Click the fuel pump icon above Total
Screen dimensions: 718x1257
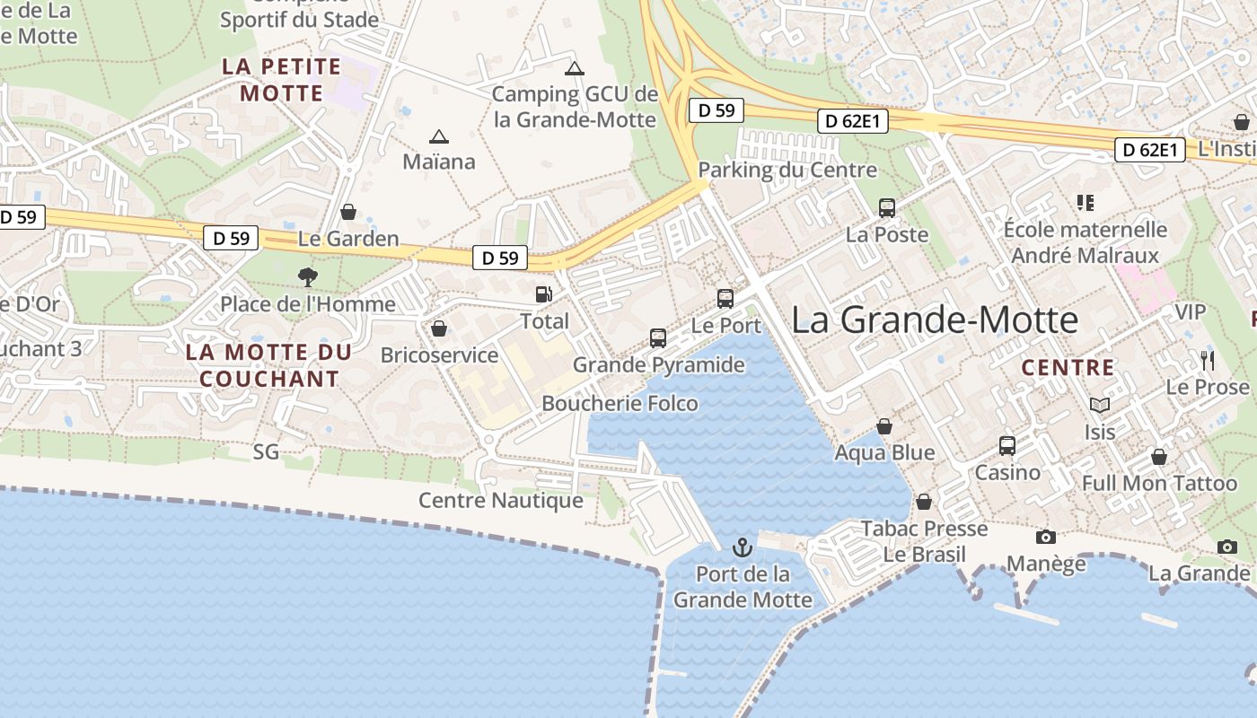tap(543, 294)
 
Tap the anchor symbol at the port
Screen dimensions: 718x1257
tap(743, 547)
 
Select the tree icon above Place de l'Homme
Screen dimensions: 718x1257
tap(308, 276)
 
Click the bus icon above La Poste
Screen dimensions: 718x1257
tap(887, 207)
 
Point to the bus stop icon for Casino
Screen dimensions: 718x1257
tap(1007, 445)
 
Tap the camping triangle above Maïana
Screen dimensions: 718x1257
tap(438, 136)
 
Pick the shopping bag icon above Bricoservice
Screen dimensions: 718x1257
tap(439, 328)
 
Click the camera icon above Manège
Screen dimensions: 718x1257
tap(1045, 537)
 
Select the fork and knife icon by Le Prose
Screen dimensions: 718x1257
tap(1208, 361)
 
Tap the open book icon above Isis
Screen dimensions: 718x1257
tap(1100, 405)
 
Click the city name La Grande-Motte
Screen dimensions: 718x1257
tap(934, 320)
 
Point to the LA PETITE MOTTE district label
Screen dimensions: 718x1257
tap(282, 80)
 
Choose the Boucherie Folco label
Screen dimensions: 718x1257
tap(620, 404)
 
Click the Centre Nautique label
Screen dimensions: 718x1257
tap(501, 501)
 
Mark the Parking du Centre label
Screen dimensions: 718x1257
tap(787, 170)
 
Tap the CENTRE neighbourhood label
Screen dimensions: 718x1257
tap(1068, 368)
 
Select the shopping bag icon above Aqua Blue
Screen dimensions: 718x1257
tap(884, 425)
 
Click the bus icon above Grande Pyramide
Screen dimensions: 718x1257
tap(658, 338)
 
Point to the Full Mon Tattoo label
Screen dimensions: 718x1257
tap(1159, 484)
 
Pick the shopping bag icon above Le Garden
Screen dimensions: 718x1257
tap(348, 212)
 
